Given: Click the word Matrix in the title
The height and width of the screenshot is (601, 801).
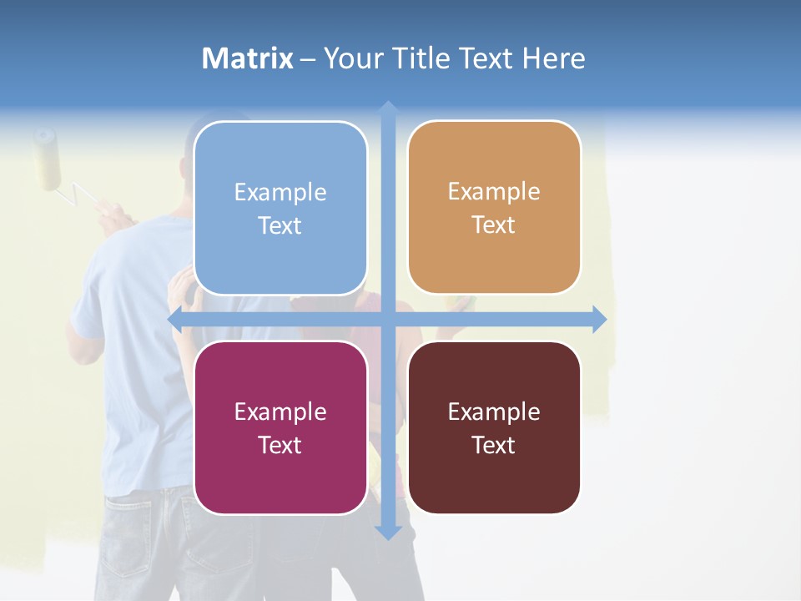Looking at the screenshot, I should [x=248, y=58].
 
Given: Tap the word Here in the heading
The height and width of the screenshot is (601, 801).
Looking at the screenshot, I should [x=553, y=58].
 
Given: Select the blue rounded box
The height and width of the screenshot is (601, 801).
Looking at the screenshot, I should [x=280, y=209].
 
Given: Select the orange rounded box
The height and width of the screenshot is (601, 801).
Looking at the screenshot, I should [x=494, y=208].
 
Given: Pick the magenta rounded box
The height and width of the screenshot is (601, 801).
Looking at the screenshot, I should [x=280, y=427].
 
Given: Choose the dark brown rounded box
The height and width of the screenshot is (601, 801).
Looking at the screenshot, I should [x=494, y=427].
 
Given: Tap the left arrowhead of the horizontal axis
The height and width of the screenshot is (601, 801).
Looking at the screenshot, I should [x=175, y=319].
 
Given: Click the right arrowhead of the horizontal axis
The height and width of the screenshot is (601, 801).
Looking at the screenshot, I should [x=600, y=319].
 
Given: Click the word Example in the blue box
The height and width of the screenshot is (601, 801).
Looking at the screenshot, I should [x=280, y=193].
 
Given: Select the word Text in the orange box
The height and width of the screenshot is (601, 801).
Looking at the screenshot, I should [x=494, y=225].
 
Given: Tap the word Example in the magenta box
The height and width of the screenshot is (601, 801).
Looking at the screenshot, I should [x=280, y=412].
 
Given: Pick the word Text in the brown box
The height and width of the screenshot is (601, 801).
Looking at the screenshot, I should [x=494, y=444].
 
